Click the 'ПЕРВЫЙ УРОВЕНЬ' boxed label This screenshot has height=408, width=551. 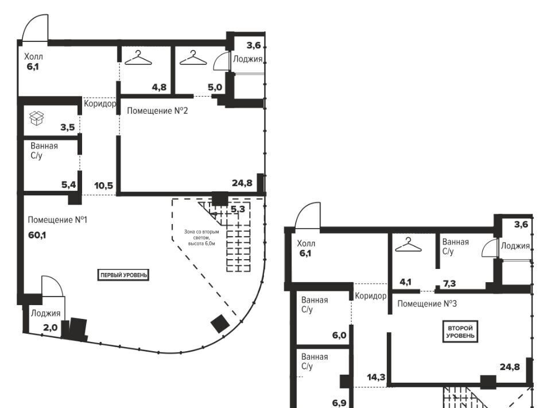123,275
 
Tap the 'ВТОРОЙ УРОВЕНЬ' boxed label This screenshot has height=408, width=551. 460,332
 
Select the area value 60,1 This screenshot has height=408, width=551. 37,235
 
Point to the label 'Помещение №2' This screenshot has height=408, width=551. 157,111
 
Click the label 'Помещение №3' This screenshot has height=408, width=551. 427,303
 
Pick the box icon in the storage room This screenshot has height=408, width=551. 37,118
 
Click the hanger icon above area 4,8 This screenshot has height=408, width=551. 138,58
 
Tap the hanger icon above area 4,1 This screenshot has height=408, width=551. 408,245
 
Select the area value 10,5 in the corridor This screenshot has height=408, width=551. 104,185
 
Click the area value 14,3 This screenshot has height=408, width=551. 376,378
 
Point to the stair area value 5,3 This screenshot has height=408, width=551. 238,209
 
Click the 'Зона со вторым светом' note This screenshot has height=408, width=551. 201,237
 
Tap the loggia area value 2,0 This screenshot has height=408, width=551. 51,328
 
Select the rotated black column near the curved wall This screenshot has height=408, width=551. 220,324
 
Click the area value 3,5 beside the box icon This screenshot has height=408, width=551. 68,127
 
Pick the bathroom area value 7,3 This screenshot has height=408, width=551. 449,283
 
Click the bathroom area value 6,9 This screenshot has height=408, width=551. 339,403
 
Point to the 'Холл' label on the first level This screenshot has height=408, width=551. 33,56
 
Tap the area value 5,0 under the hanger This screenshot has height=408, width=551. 215,87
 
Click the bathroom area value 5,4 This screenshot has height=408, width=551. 68,184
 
